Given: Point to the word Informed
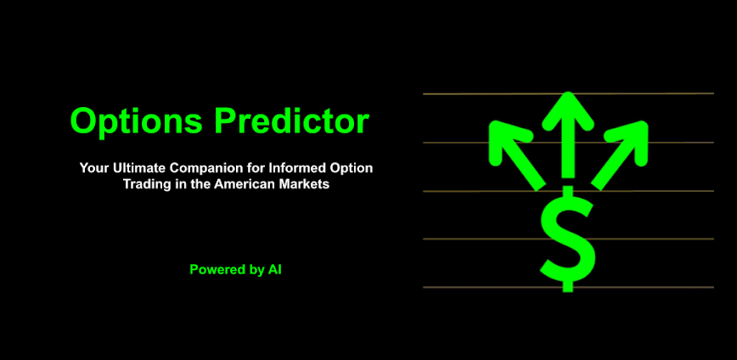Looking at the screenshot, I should (x=298, y=168).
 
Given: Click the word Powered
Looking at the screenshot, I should (x=214, y=270).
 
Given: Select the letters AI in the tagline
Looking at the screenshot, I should (x=274, y=270).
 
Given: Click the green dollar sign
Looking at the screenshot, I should (x=567, y=239).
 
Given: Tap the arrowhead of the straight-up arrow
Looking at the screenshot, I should (x=567, y=109).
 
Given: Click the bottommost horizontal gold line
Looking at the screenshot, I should (x=475, y=288).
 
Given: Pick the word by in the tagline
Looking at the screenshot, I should (x=255, y=270).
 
